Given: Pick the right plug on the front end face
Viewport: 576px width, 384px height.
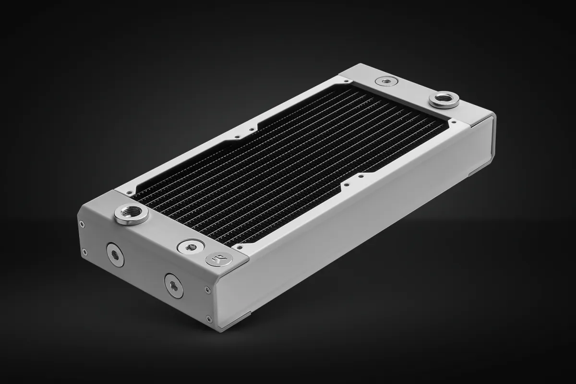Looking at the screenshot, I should tap(174, 285).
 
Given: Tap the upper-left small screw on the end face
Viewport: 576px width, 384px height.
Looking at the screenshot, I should tap(82, 223).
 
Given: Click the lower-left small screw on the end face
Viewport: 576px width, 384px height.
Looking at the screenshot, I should tap(85, 251).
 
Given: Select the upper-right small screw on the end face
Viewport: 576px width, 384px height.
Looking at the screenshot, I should tap(207, 289).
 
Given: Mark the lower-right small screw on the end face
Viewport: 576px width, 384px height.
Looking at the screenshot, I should tap(208, 317).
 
